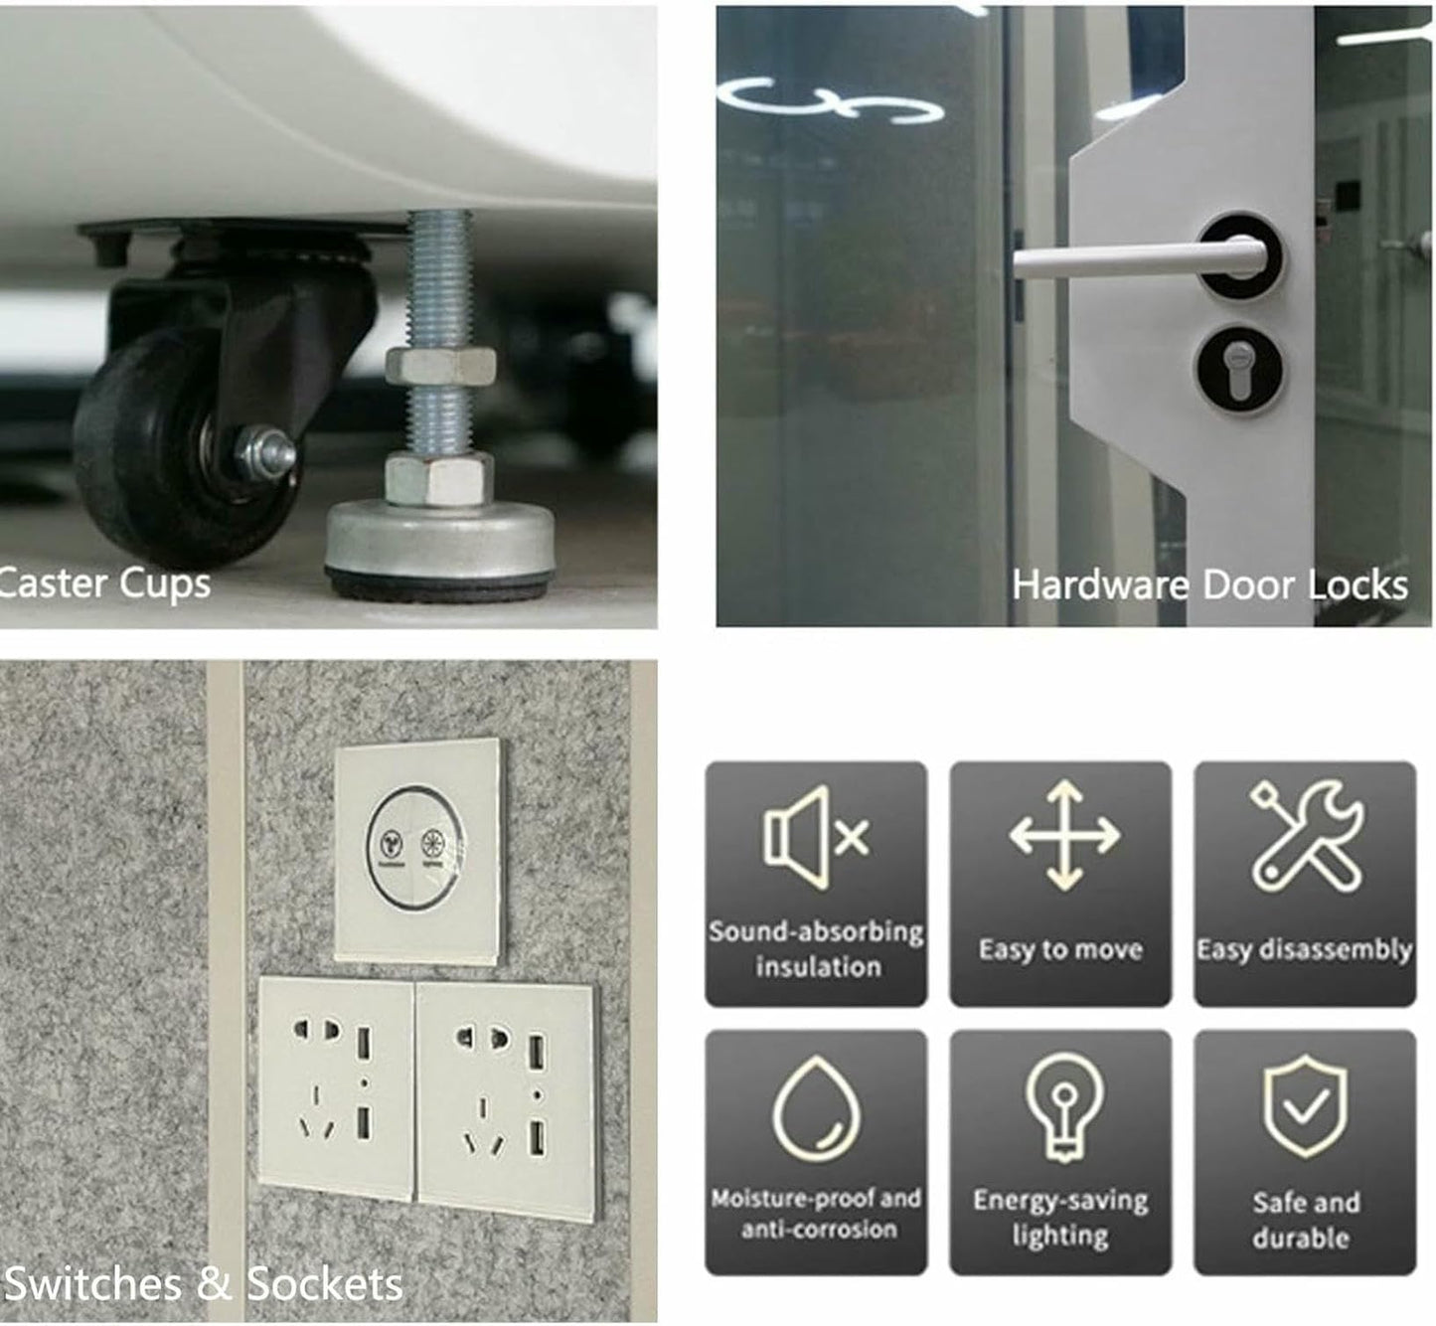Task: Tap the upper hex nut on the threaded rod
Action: [x=439, y=366]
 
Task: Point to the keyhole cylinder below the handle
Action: [x=1239, y=371]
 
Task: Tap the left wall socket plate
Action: [x=336, y=1088]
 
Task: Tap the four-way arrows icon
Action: [x=1064, y=835]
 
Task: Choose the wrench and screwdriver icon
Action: [x=1307, y=836]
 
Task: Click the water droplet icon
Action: [x=816, y=1108]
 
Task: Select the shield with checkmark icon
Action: [x=1305, y=1106]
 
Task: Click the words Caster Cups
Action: [x=104, y=584]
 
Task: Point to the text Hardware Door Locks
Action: [x=1209, y=584]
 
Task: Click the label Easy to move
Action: [x=1060, y=950]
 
